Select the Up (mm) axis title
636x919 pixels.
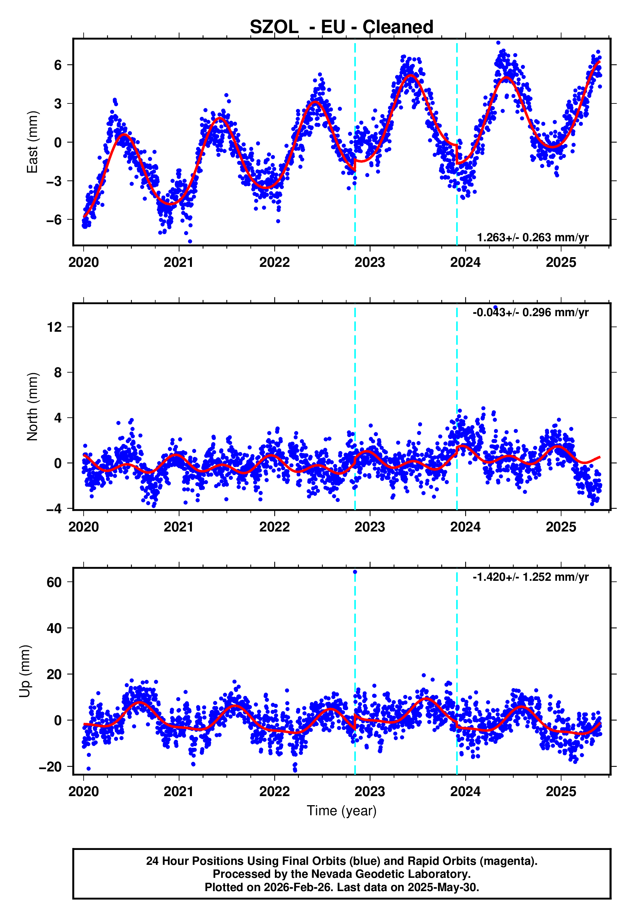pos(25,671)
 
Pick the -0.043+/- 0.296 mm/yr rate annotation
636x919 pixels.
pos(530,313)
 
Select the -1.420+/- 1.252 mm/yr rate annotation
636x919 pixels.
pos(530,577)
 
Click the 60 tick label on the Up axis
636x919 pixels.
pos(54,582)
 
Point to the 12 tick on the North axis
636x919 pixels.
pos(54,327)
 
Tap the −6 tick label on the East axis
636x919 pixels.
pos(54,220)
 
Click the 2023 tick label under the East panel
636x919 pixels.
pos(370,263)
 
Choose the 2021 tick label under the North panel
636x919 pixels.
pos(179,527)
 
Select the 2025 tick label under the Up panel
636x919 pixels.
pos(561,792)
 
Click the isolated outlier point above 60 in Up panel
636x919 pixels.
pos(355,572)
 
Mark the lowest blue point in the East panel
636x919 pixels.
pos(190,242)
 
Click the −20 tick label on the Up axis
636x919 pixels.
pos(51,767)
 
